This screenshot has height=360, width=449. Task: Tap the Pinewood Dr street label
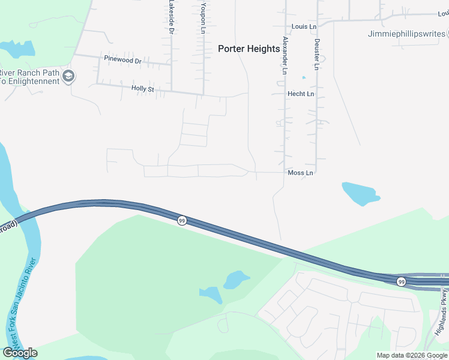pyautogui.click(x=122, y=61)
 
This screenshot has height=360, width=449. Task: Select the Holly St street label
pyautogui.click(x=143, y=89)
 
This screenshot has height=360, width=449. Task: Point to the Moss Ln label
pyautogui.click(x=301, y=173)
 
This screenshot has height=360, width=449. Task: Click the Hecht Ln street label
pyautogui.click(x=301, y=94)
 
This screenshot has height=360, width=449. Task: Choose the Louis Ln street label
pyautogui.click(x=304, y=27)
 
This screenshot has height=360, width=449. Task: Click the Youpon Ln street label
pyautogui.click(x=204, y=16)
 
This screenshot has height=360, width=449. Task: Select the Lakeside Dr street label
pyautogui.click(x=172, y=16)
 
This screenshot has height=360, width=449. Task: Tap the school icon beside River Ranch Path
pyautogui.click(x=68, y=76)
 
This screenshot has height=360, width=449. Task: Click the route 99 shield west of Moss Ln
pyautogui.click(x=181, y=221)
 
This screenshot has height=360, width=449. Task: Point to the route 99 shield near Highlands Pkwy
pyautogui.click(x=401, y=281)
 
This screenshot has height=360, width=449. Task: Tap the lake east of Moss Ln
pyautogui.click(x=360, y=193)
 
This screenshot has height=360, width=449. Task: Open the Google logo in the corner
pyautogui.click(x=20, y=353)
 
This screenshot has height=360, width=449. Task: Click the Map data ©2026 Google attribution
pyautogui.click(x=412, y=355)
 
